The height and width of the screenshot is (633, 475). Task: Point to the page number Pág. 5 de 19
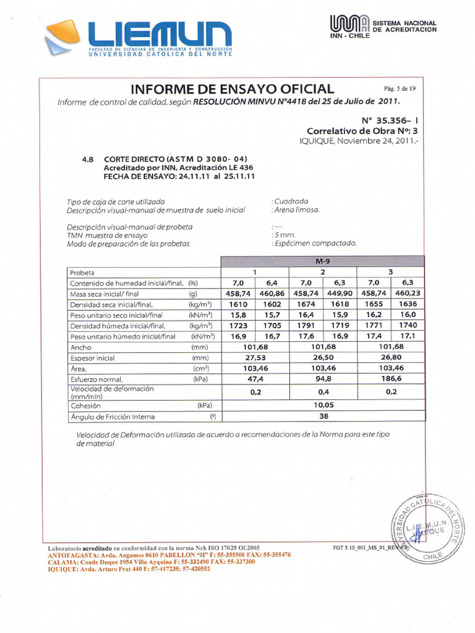(400, 88)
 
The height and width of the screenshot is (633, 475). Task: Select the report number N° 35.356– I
(390, 121)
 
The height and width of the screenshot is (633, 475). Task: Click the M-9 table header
(323, 261)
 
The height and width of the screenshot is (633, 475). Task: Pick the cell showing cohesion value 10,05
(323, 406)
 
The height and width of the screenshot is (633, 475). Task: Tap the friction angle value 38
(323, 417)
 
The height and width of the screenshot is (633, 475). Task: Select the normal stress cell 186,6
(391, 379)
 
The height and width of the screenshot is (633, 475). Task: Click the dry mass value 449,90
(340, 294)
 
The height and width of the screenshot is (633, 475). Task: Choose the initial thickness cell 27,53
(255, 357)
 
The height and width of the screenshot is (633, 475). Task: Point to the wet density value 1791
(306, 326)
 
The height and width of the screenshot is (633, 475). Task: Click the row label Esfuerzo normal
(96, 380)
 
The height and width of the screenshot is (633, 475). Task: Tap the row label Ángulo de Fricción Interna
(112, 417)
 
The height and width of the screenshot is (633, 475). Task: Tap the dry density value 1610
(238, 304)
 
